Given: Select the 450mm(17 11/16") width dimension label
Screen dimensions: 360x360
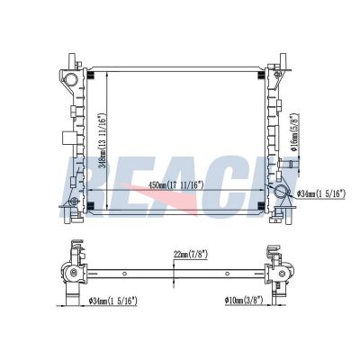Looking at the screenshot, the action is (x=176, y=185).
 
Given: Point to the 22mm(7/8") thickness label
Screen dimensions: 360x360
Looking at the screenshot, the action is (x=191, y=255).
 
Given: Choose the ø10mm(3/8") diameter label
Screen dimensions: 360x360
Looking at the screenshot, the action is (x=244, y=300).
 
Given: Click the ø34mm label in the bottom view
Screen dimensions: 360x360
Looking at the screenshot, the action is (x=113, y=301).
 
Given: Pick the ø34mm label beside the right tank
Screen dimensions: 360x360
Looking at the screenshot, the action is (x=321, y=193).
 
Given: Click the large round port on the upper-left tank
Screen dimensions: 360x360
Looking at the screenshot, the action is (x=71, y=80).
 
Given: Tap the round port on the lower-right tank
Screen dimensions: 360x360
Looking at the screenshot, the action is (x=282, y=192).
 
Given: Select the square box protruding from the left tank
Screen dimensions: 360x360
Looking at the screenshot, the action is (x=68, y=138).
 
